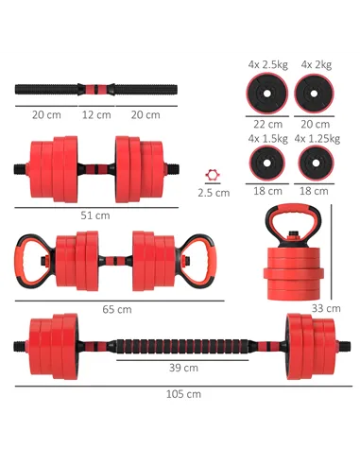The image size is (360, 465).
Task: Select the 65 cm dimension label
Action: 117,309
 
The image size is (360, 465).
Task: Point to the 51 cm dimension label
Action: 94,215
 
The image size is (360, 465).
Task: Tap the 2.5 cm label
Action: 214,193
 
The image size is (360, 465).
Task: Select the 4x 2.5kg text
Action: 267,64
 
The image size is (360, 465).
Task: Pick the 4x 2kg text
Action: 315,64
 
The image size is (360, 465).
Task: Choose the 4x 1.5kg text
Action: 267,138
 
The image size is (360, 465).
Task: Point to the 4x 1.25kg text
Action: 315,138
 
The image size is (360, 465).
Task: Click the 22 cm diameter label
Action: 267,124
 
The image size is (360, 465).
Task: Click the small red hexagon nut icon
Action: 212,176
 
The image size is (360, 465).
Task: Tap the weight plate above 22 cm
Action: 267,94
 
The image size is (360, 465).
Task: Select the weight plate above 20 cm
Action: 315,94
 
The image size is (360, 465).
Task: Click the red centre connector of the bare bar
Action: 95,91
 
